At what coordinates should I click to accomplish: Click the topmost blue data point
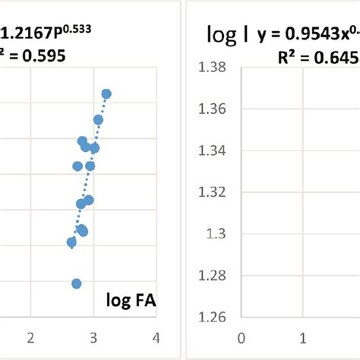[x=106, y=94]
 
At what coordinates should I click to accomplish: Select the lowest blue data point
[x=76, y=283]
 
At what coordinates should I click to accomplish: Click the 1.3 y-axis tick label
[x=216, y=234]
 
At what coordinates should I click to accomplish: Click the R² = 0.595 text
[x=32, y=55]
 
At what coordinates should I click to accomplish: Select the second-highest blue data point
[x=98, y=120]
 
